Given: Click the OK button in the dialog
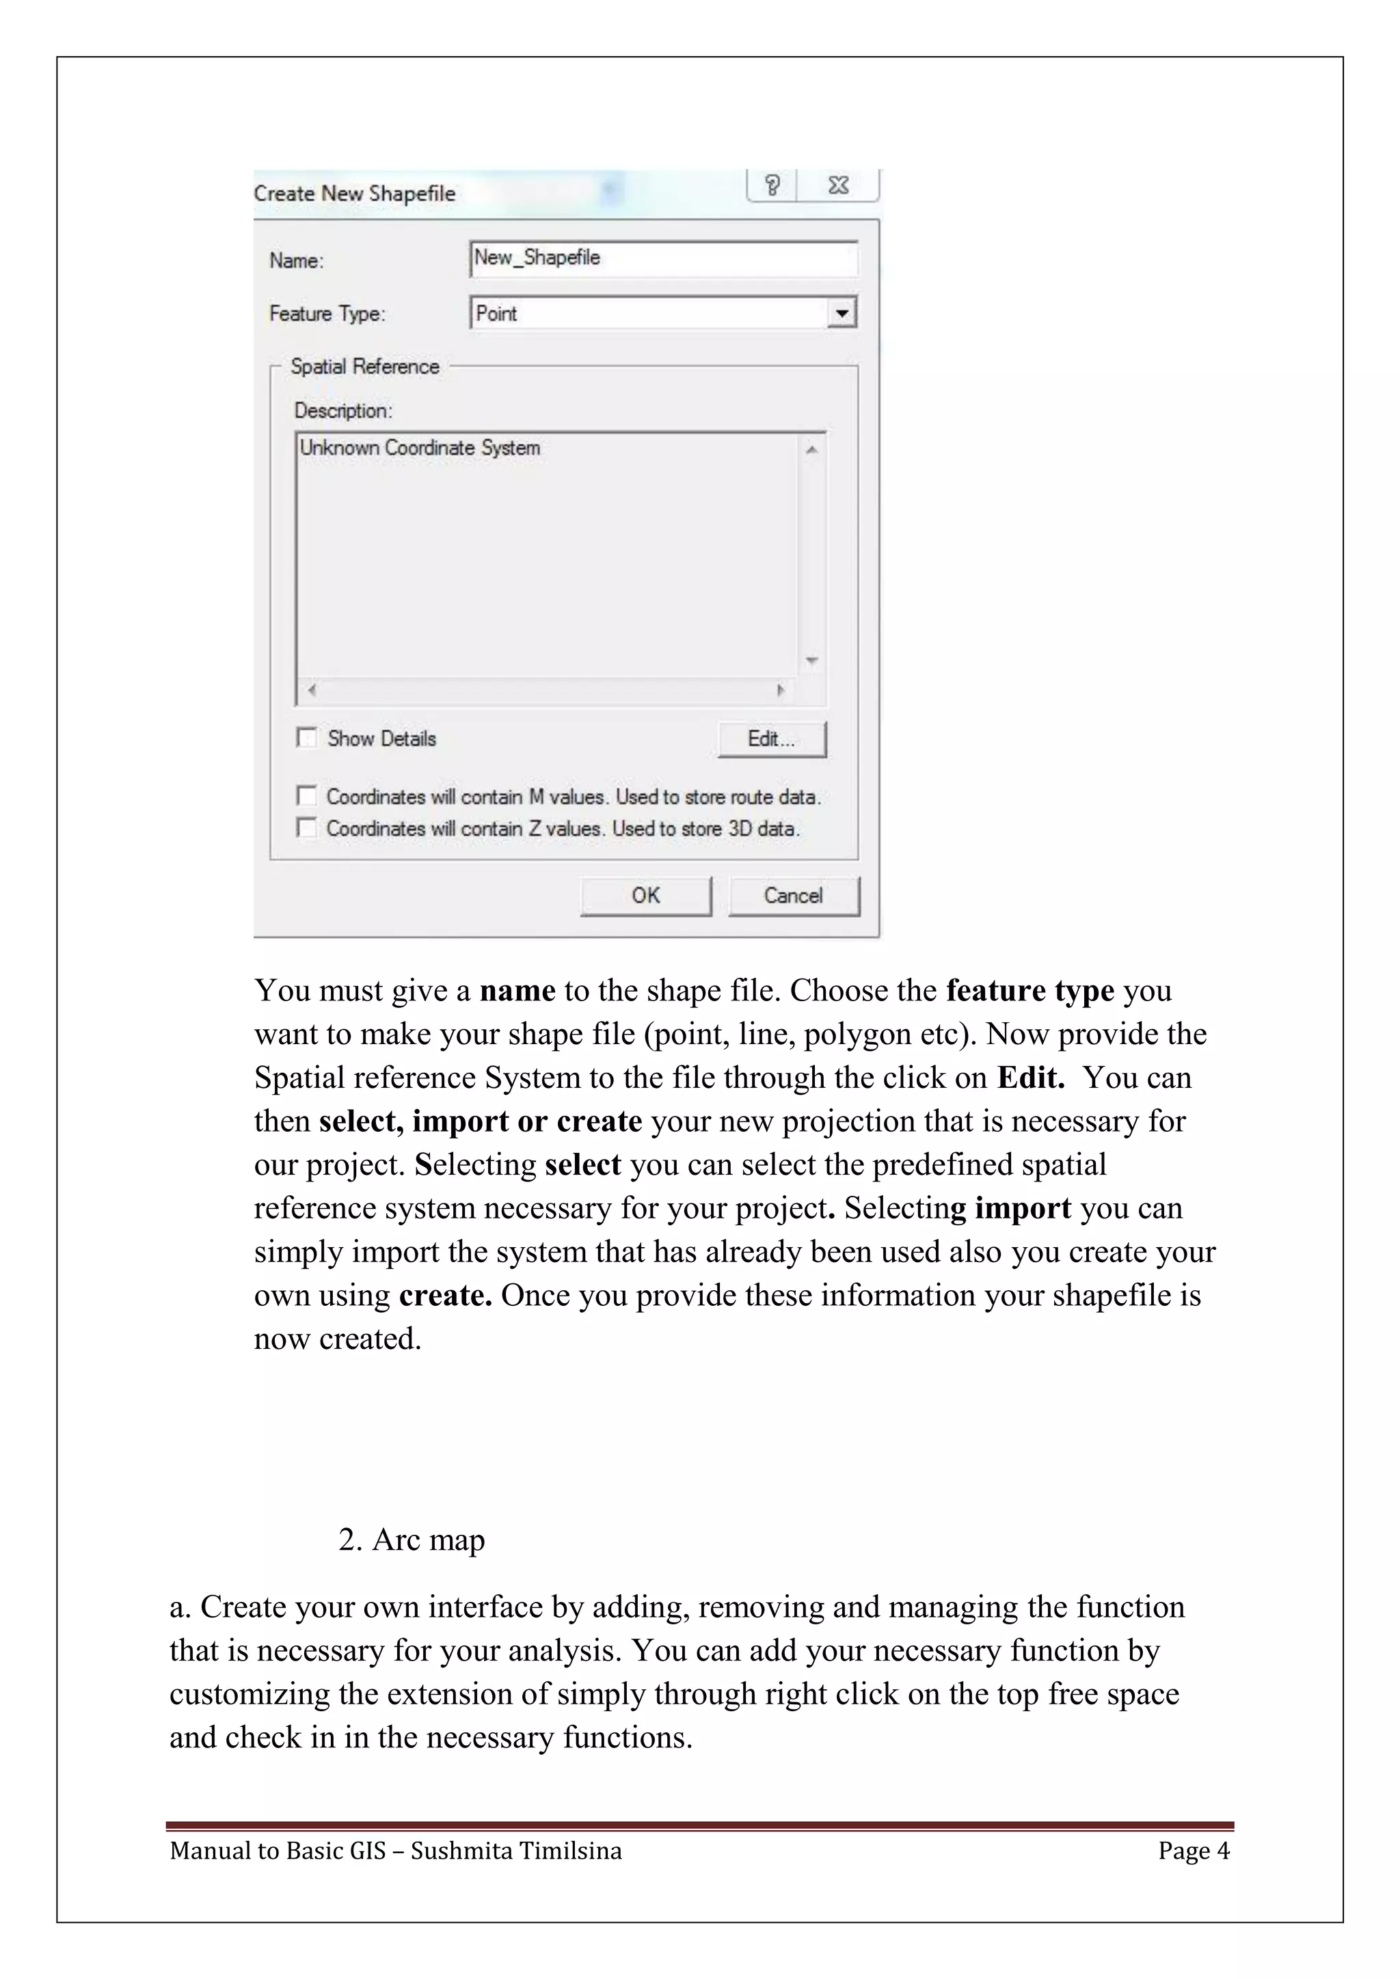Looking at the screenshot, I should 646,896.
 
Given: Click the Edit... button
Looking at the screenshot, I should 772,739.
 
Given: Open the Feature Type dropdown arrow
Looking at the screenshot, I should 842,313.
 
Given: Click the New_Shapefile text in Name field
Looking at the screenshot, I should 537,258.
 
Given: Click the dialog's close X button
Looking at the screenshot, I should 838,185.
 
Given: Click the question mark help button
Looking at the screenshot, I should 772,185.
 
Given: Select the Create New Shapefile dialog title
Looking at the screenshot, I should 354,193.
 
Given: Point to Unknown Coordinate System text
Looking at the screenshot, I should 420,448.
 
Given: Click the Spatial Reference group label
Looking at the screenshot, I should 364,366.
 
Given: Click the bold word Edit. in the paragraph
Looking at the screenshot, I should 1031,1078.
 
